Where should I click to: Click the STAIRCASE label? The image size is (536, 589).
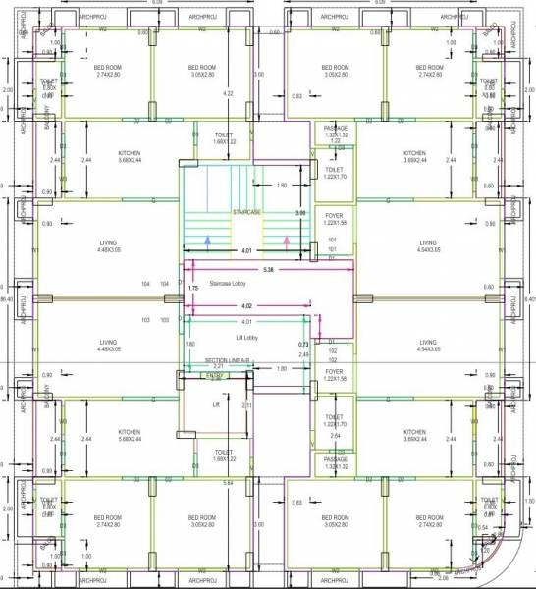point(246,212)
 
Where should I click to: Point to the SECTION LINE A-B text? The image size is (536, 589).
point(227,360)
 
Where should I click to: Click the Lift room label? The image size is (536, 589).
point(216,403)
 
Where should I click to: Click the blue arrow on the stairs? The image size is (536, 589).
point(206,239)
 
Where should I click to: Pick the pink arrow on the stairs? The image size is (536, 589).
point(286,239)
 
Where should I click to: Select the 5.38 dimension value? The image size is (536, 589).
point(268,268)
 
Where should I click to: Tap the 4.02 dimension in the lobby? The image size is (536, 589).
point(253,306)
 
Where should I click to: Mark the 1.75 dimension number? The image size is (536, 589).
point(192,289)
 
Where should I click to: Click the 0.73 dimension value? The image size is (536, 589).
point(303,344)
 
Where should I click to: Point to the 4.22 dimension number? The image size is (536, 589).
point(228,93)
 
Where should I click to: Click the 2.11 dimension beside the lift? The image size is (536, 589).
point(246,405)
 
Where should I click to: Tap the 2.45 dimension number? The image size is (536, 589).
point(303,354)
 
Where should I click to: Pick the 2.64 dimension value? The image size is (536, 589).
point(335,435)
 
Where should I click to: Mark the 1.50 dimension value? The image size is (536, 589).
point(530,501)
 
